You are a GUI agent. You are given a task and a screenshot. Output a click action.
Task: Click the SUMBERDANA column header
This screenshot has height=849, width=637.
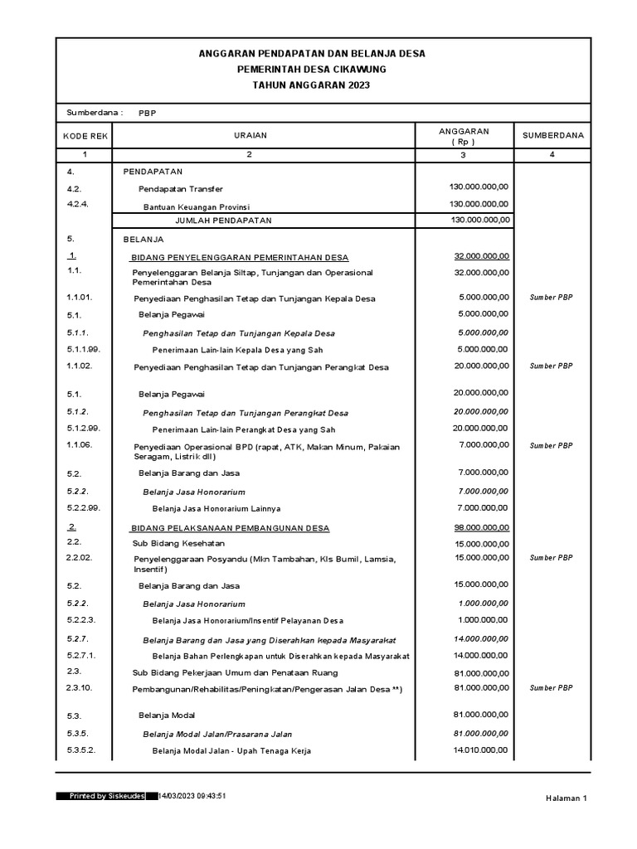tap(552, 135)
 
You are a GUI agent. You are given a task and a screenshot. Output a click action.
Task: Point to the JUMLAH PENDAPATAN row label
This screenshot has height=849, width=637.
tap(223, 221)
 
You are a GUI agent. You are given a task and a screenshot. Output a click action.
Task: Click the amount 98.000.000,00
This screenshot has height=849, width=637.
tap(482, 527)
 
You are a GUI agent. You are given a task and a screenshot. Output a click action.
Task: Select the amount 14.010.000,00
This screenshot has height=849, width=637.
tap(483, 750)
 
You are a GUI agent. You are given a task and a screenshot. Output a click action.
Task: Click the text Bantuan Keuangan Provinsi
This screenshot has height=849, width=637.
tap(197, 206)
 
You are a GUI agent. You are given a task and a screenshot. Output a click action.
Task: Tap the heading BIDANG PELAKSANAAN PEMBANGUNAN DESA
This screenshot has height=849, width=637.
tap(231, 528)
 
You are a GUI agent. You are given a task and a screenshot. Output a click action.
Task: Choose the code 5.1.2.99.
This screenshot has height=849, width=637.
tap(83, 429)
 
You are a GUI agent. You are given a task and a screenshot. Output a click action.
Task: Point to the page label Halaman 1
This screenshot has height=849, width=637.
tap(566, 798)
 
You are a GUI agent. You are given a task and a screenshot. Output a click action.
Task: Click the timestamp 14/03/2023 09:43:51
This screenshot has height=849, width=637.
tap(192, 796)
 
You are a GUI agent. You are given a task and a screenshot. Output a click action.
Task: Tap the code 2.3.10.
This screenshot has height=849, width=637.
tap(79, 687)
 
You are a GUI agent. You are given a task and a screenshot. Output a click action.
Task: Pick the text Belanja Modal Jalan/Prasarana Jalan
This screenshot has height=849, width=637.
tap(217, 734)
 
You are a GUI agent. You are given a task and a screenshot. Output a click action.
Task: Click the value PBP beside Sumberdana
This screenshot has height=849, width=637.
tap(147, 113)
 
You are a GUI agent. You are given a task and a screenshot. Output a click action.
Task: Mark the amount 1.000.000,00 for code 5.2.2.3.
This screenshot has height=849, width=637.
tap(483, 620)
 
